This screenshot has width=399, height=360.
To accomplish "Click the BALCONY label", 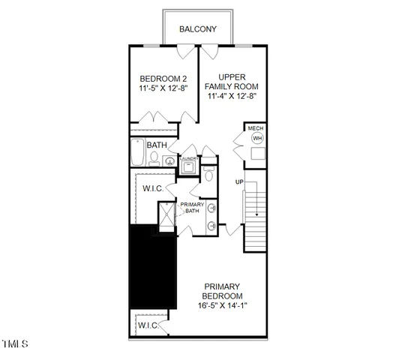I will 198,29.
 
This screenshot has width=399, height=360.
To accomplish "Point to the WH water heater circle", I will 257,138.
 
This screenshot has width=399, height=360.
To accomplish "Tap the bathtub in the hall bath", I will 137,153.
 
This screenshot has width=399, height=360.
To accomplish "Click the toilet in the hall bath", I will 154,158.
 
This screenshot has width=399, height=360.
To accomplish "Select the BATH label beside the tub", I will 157,145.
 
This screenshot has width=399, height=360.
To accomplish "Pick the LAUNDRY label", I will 188,159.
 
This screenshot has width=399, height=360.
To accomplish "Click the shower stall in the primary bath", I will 163,217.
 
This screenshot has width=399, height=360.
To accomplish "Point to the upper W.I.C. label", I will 154,188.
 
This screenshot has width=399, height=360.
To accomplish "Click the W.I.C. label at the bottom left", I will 148,325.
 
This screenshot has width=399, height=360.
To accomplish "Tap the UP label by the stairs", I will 239,182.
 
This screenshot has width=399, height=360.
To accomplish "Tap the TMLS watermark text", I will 14,344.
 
